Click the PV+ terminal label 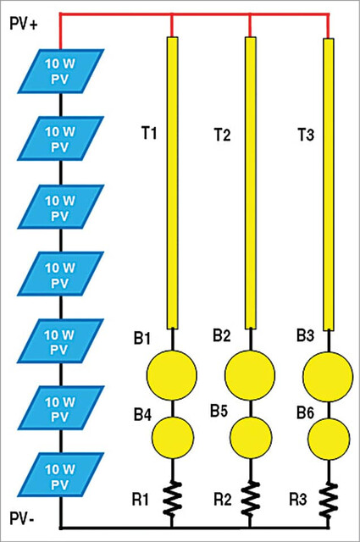tap(23, 25)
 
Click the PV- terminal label tap(21, 518)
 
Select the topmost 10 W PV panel tap(60, 71)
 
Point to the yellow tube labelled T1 tap(172, 183)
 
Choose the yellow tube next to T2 tap(251, 183)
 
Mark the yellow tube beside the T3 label tap(329, 185)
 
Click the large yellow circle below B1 tap(172, 375)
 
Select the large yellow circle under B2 tap(250, 375)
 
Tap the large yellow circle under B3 tap(328, 377)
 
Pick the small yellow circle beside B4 tap(173, 437)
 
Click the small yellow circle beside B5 tap(251, 437)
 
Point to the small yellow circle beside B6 tap(329, 439)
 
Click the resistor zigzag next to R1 tap(172, 498)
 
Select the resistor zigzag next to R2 tap(251, 498)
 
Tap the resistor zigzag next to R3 tap(329, 500)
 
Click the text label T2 tap(222, 134)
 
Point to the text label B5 tap(219, 411)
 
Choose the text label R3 tap(298, 500)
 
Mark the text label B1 tap(142, 338)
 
